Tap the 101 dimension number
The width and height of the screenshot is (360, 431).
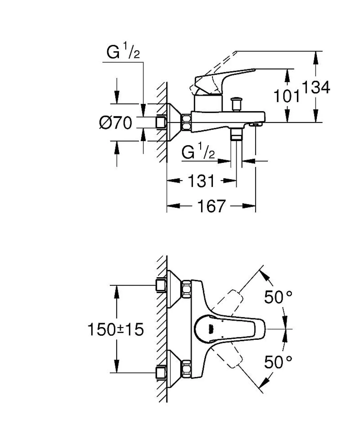pyautogui.click(x=286, y=96)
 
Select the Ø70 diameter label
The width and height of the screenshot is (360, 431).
pyautogui.click(x=115, y=123)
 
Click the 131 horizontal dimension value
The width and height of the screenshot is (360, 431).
pyautogui.click(x=201, y=181)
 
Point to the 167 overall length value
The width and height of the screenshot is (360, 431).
pyautogui.click(x=211, y=206)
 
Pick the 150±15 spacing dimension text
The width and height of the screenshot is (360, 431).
pyautogui.click(x=115, y=329)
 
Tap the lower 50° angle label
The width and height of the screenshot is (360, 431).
pyautogui.click(x=278, y=362)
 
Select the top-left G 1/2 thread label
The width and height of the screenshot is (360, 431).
pyautogui.click(x=123, y=51)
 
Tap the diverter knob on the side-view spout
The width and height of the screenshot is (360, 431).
pyautogui.click(x=237, y=104)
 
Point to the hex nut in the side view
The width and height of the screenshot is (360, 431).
pyautogui.click(x=187, y=122)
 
